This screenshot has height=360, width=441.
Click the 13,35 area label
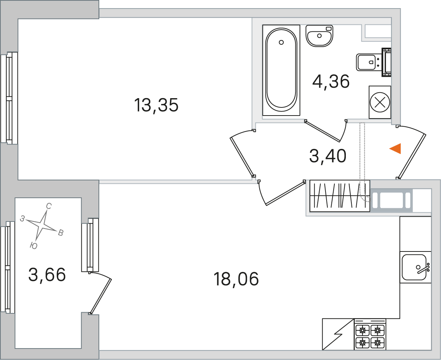(156, 105)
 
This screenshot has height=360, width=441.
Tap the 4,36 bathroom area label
(331, 81)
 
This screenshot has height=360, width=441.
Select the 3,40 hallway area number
(328, 156)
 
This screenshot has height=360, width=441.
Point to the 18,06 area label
(236, 279)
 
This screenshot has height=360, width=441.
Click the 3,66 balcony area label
(47, 274)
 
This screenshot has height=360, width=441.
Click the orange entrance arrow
(395, 149)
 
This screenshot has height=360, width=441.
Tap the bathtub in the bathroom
(281, 70)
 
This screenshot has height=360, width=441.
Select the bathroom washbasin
(319, 36)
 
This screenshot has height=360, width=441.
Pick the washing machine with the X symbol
(380, 102)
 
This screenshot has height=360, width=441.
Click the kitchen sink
(415, 267)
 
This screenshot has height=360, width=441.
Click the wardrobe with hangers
(340, 196)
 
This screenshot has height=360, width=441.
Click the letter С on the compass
(49, 206)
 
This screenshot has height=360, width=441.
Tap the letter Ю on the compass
(33, 246)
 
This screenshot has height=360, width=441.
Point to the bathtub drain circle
(281, 43)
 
